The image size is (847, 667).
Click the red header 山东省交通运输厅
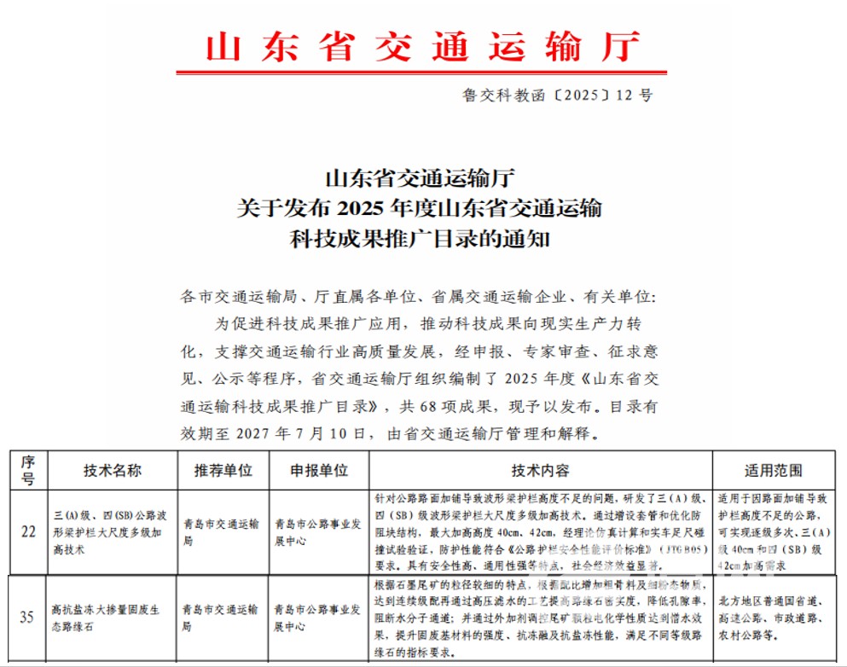coord(422,47)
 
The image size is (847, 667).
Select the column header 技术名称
coord(112,471)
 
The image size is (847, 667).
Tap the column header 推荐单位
coord(223,471)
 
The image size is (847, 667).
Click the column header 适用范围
coord(773,471)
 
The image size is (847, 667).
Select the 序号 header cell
coord(27,470)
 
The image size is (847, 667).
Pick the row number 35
coord(27,617)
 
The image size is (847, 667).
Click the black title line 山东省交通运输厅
coord(422,179)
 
